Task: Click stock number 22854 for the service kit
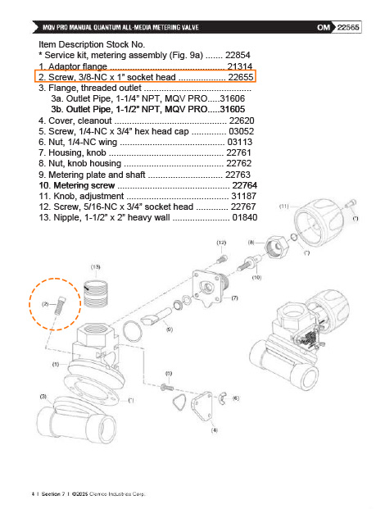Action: [x=238, y=55]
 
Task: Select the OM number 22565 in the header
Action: [x=348, y=27]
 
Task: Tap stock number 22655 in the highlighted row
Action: [x=240, y=77]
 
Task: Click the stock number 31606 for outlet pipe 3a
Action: [x=233, y=98]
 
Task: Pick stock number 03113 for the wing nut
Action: [x=239, y=142]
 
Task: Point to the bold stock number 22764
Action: [x=245, y=185]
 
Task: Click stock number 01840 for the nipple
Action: [x=245, y=217]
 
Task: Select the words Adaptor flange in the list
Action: [x=78, y=66]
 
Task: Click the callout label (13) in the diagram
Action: [x=95, y=267]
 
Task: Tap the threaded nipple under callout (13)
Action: [x=95, y=293]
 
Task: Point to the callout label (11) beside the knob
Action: [x=283, y=206]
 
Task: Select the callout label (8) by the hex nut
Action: [x=251, y=242]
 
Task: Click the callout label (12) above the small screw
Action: [x=221, y=243]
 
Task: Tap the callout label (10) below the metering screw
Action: [x=256, y=278]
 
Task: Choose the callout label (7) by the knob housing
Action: [x=234, y=298]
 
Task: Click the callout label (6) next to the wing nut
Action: [x=236, y=398]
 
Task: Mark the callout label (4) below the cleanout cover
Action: [x=214, y=430]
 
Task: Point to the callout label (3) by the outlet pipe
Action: [x=43, y=397]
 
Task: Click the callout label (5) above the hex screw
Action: [x=169, y=373]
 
